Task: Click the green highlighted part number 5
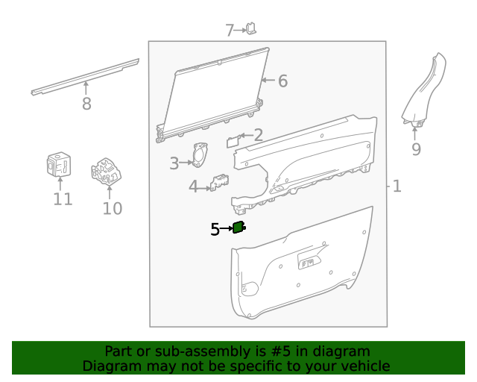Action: pos(239,228)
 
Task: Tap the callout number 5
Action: pos(215,230)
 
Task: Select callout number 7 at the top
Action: pos(230,31)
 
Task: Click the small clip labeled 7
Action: pos(252,28)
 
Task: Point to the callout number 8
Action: pos(86,104)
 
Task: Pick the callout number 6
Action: pos(282,81)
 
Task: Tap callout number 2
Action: pos(258,135)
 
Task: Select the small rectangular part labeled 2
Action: pos(233,140)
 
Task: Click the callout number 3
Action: pos(174,163)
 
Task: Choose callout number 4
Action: pos(194,187)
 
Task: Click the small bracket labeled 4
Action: pos(220,183)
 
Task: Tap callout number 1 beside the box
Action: pos(397,186)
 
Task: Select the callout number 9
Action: pos(416,149)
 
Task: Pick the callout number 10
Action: pos(112,207)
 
